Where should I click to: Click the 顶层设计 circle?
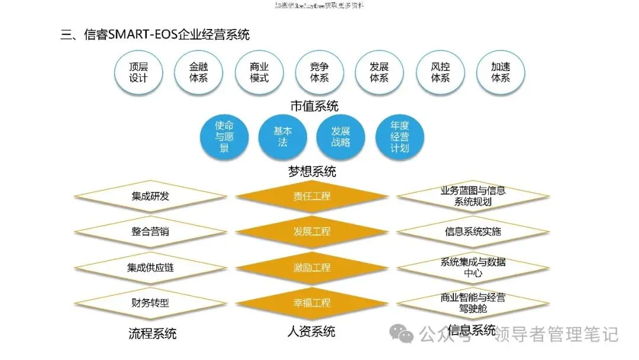(x=138, y=72)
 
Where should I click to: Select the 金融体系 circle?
(x=198, y=72)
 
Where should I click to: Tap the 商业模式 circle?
(x=259, y=72)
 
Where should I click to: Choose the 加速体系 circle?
(x=500, y=72)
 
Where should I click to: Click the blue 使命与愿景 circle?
(x=224, y=137)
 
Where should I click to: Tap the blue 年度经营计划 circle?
(x=399, y=137)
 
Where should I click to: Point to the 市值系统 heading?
(x=314, y=107)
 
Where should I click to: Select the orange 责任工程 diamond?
(x=312, y=196)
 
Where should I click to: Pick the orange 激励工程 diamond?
(x=312, y=268)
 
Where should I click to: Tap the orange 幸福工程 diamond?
(x=312, y=303)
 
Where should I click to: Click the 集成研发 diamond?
(x=150, y=196)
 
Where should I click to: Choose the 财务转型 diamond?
(x=150, y=303)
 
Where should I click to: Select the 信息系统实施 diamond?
(x=473, y=232)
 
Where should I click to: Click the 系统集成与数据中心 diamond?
(x=473, y=268)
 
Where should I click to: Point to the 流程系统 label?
(x=152, y=333)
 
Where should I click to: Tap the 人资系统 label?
(x=312, y=331)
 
